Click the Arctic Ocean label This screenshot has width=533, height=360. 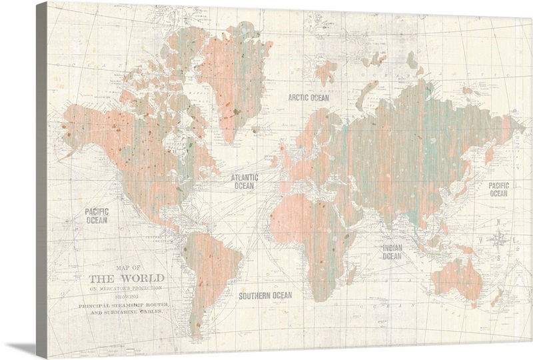[308, 97]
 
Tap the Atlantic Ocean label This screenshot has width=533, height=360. [243, 182]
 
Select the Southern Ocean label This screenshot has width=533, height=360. [265, 295]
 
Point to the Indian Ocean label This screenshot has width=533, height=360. [392, 252]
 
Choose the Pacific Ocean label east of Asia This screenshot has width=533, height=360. [498, 189]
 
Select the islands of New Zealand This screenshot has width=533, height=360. [496, 297]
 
